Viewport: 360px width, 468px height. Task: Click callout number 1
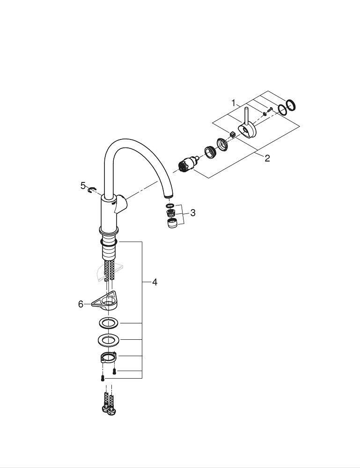pos(234,103)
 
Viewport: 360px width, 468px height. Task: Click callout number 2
pos(267,158)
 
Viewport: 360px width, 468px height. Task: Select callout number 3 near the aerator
pos(193,213)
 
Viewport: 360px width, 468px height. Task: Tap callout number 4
pos(154,282)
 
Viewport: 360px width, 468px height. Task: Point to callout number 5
pos(83,186)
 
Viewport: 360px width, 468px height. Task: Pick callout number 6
pos(81,304)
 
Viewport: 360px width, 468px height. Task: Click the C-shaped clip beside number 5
pos(92,189)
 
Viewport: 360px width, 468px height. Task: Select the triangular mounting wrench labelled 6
pos(105,300)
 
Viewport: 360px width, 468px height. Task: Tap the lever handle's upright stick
pos(246,117)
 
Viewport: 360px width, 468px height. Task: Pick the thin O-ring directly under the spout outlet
pos(170,206)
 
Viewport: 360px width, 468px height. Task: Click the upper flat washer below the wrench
pos(108,323)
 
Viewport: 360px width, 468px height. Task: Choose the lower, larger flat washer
pos(108,340)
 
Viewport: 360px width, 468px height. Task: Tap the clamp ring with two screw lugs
pos(108,357)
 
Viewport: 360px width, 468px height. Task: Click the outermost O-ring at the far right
pos(291,105)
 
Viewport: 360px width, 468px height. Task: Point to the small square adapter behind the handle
pos(233,135)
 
